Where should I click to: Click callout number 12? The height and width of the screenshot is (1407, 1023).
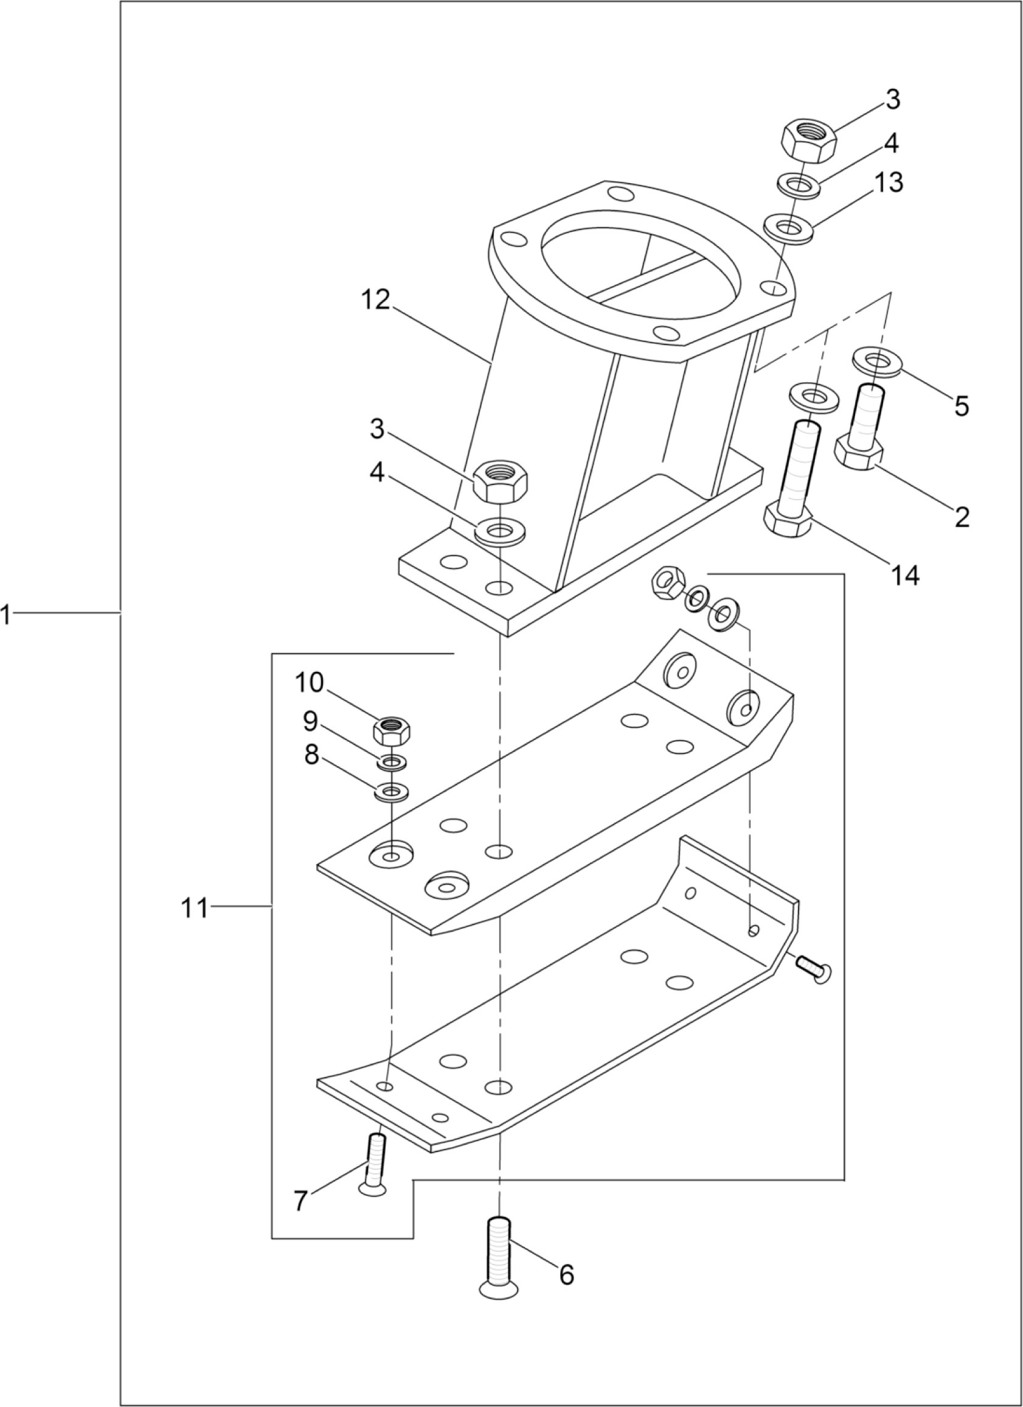tap(375, 300)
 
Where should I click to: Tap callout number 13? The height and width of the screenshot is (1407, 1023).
tap(889, 184)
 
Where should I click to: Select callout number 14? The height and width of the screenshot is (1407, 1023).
tap(904, 575)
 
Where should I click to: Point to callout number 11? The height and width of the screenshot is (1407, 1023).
tap(194, 909)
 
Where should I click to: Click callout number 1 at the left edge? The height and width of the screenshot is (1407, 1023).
tap(5, 616)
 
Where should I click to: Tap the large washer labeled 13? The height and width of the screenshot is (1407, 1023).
tap(789, 227)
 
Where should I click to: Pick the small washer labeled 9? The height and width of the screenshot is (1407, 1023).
tap(391, 761)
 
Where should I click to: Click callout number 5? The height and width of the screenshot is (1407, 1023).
tap(960, 407)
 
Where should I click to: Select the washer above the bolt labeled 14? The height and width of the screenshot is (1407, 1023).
tap(814, 395)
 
